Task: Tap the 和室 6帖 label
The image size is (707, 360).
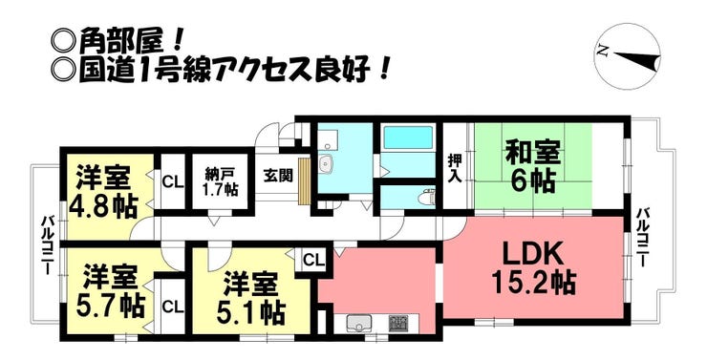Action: click(532, 167)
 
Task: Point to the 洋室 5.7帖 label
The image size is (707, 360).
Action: click(110, 291)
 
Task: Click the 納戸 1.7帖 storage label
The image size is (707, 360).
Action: click(221, 182)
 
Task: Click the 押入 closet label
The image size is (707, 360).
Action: click(454, 168)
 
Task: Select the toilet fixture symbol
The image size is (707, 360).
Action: click(427, 197)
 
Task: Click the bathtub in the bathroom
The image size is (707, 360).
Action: click(407, 138)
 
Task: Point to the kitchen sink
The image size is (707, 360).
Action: click(359, 323)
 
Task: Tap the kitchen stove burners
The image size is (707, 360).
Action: click(398, 322)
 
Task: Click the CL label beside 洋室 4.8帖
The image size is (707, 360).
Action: click(173, 182)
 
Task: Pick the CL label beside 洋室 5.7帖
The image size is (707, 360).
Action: click(173, 307)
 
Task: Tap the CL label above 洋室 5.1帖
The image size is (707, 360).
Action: click(313, 261)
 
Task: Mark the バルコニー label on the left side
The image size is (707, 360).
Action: click(48, 245)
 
